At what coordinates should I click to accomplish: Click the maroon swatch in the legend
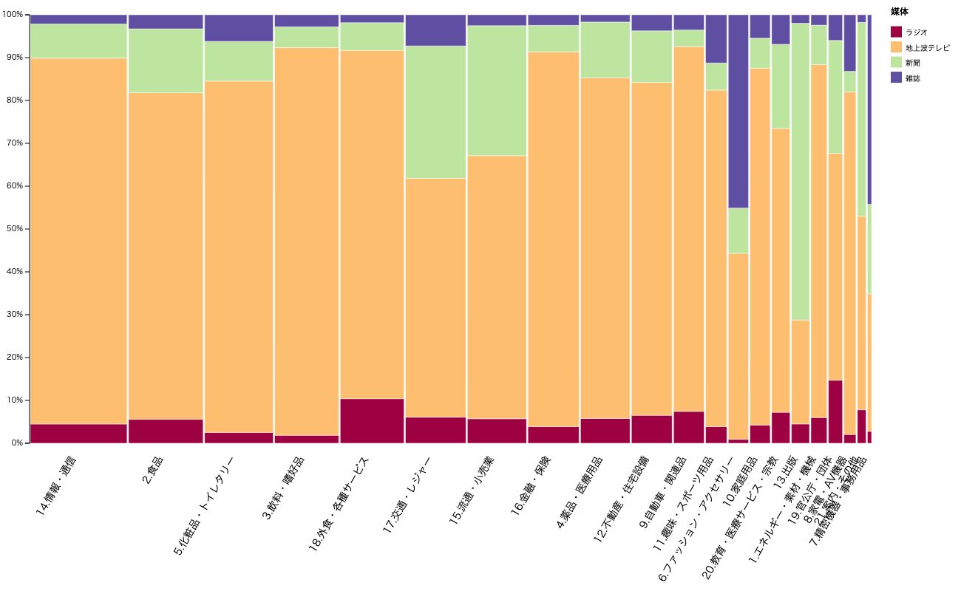896,32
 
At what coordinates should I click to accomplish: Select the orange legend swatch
896,47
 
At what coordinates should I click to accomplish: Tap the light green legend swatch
896,62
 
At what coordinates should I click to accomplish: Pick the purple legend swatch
896,77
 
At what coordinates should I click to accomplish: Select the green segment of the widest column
78,41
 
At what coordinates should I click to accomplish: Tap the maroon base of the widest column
78,434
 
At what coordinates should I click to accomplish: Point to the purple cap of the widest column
78,19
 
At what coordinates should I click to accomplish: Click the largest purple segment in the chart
738,111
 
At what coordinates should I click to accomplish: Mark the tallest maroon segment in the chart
835,411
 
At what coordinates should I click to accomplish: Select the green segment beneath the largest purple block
738,230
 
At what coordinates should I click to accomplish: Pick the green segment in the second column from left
166,61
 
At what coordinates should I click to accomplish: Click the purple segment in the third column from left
239,28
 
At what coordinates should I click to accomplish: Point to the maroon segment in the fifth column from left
372,421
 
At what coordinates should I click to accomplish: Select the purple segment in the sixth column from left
435,30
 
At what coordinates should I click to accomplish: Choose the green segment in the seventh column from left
497,90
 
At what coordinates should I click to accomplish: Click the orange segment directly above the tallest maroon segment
835,267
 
